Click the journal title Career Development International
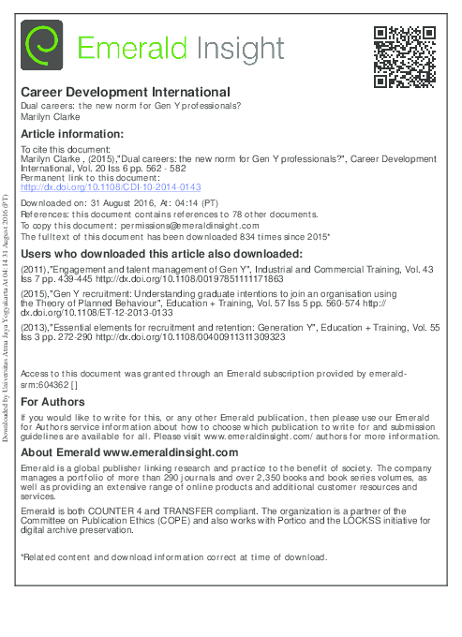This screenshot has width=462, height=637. coord(126,93)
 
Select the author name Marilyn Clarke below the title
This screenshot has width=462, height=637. coord(49,118)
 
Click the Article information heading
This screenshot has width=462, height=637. coord(71,134)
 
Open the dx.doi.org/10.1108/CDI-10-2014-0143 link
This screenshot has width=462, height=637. coord(111,186)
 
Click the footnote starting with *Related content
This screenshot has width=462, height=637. coord(173,556)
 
